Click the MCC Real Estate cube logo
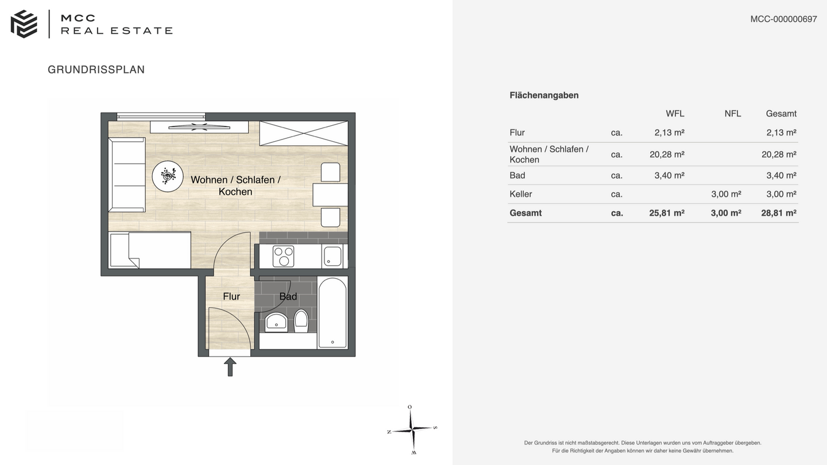[x=24, y=24]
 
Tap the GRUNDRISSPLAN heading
[x=96, y=69]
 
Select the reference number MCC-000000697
[x=783, y=19]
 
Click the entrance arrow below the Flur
[x=230, y=367]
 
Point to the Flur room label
[x=231, y=296]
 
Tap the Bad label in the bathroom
[x=288, y=296]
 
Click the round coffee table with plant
[x=168, y=176]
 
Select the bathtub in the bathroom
[x=333, y=313]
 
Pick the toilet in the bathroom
[x=301, y=320]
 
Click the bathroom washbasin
[x=276, y=322]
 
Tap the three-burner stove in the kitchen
[x=283, y=256]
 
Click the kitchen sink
[x=333, y=256]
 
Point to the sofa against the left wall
[x=126, y=175]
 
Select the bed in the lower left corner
[x=150, y=250]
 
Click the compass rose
[x=412, y=429]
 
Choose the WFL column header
[x=675, y=114]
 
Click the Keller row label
[x=520, y=194]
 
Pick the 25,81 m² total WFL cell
[x=667, y=213]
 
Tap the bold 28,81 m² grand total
[x=779, y=213]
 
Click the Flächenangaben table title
[x=544, y=95]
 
